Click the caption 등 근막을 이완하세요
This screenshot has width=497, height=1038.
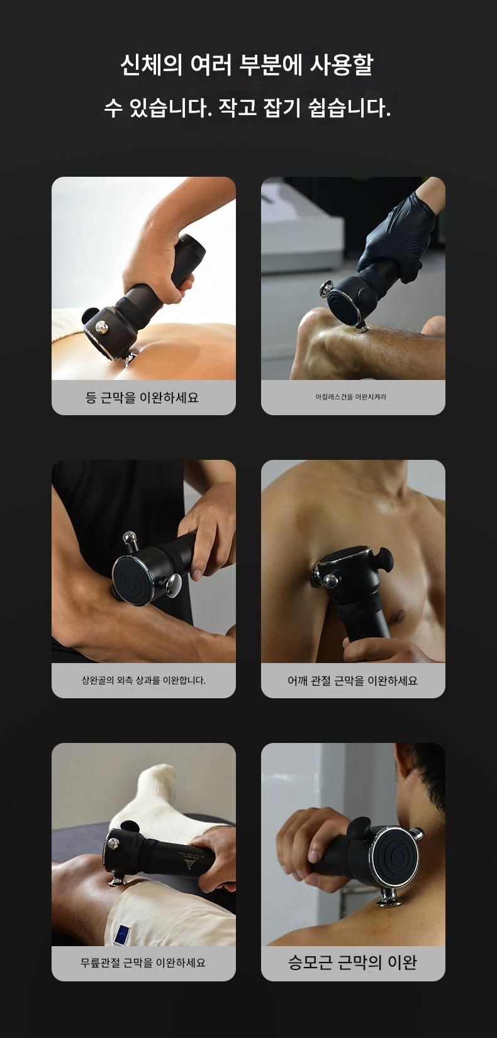[x=142, y=398]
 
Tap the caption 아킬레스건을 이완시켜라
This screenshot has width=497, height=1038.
[x=351, y=397]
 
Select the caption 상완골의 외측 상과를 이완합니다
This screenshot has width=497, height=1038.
[x=143, y=680]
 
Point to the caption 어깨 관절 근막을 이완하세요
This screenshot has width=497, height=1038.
[x=352, y=680]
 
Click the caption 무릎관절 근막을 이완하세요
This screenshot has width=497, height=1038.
[x=143, y=963]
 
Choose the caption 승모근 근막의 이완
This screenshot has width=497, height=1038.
[x=352, y=963]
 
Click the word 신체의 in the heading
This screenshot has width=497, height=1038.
[x=151, y=65]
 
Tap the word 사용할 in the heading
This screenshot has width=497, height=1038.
[x=342, y=65]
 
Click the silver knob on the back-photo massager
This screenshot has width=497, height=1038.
[x=102, y=327]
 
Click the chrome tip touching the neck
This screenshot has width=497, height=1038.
[x=389, y=899]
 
